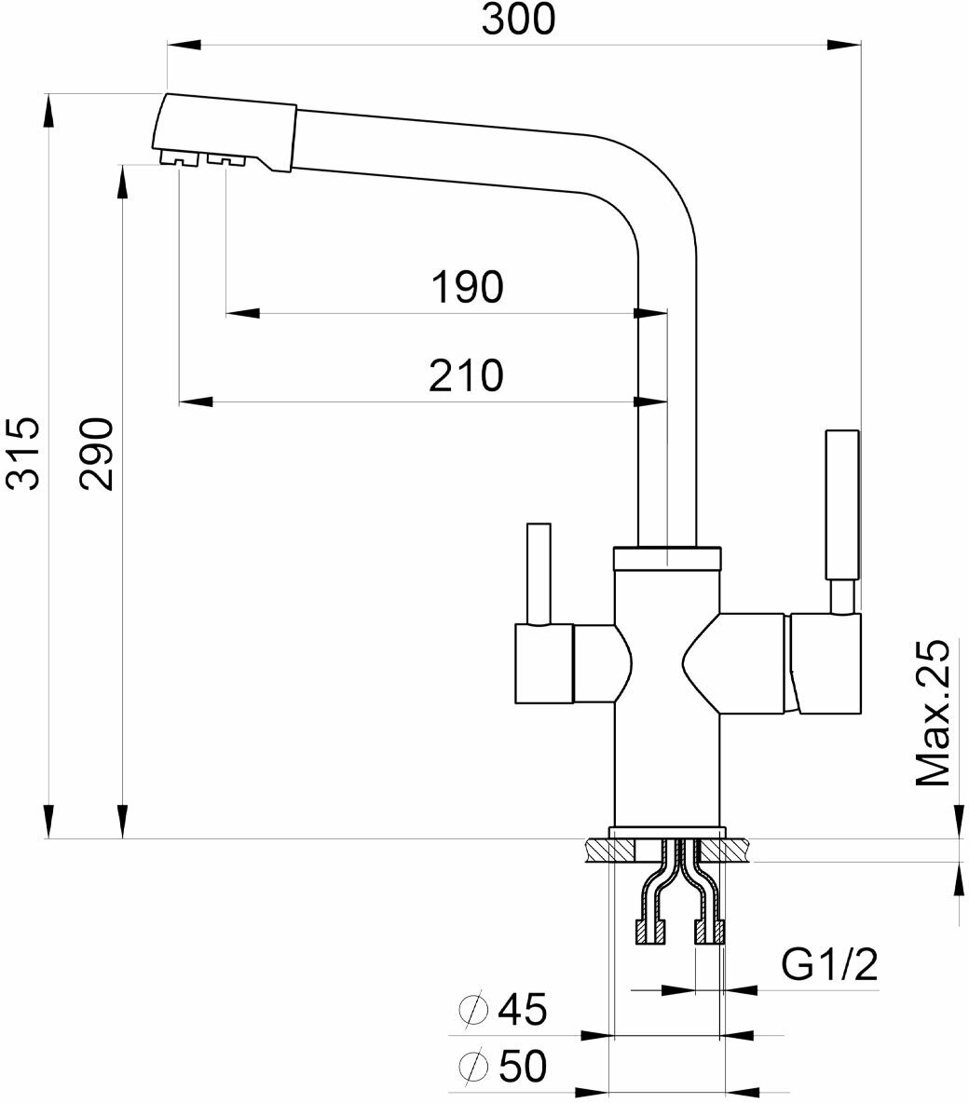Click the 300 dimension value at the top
[x=518, y=19]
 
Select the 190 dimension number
[x=467, y=288]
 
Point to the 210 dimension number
[x=467, y=375]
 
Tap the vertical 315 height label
[x=21, y=454]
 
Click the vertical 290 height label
[x=96, y=454]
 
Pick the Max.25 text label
[x=932, y=714]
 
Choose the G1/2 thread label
[x=829, y=966]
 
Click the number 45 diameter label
[x=523, y=1009]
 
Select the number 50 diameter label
[x=523, y=1067]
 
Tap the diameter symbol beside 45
[x=473, y=1009]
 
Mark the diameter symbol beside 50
[x=473, y=1067]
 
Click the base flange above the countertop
[x=667, y=832]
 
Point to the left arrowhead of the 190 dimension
[x=242, y=313]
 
